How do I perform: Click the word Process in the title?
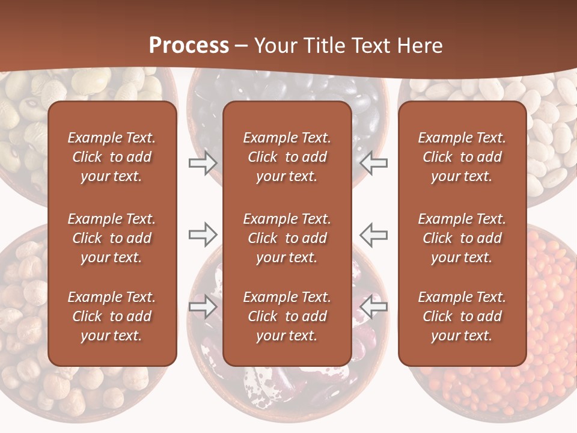pos(189,46)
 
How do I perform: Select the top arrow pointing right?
pos(203,163)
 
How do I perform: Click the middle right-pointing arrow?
pos(203,234)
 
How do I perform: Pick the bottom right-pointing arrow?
pos(203,307)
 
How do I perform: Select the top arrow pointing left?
pos(374,163)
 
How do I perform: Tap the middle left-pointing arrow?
pos(374,234)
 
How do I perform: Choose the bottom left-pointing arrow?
pos(374,307)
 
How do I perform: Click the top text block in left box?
pos(112,157)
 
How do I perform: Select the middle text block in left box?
pos(112,238)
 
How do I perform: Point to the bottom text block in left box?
pos(112,316)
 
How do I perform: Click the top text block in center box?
pos(287,157)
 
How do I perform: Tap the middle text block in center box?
pos(287,238)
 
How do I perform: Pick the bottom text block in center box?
pos(287,316)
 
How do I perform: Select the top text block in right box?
pos(462,157)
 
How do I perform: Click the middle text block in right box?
pos(462,238)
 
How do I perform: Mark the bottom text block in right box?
pos(462,316)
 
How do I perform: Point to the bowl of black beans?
pos(361,120)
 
